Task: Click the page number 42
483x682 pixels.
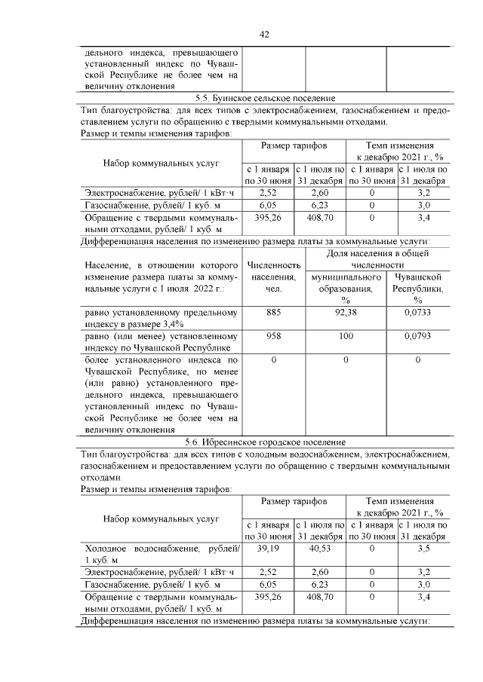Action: click(x=264, y=35)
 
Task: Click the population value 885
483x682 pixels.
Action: click(x=273, y=312)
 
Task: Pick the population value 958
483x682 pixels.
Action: click(x=273, y=336)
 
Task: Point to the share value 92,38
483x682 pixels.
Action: click(x=346, y=312)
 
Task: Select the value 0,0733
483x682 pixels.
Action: click(x=417, y=312)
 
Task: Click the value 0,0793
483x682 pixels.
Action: click(x=417, y=336)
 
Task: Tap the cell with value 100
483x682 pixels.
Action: click(x=346, y=336)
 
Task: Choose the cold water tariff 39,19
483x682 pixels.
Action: click(x=269, y=549)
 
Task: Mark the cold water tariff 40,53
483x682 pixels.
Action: click(x=320, y=549)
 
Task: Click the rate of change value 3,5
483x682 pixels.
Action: click(x=423, y=549)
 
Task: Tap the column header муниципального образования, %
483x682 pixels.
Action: click(x=346, y=289)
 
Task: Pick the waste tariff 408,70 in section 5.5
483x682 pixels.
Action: click(x=320, y=218)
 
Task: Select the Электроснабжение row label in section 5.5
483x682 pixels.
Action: click(x=159, y=193)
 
